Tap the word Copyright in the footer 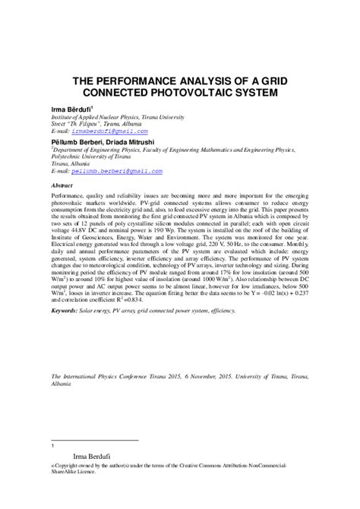coord(70,464)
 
